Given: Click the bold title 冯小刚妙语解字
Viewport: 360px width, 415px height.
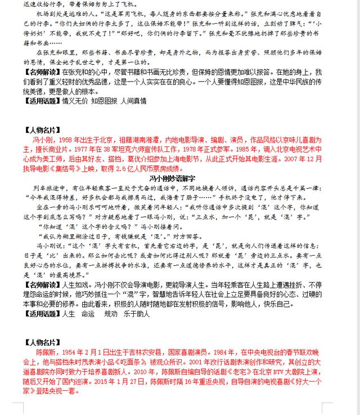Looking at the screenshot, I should click(179, 177).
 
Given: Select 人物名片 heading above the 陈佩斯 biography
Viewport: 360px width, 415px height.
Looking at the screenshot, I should click(43, 342).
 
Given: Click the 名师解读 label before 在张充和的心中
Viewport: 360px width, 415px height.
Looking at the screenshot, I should click(42, 73).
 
